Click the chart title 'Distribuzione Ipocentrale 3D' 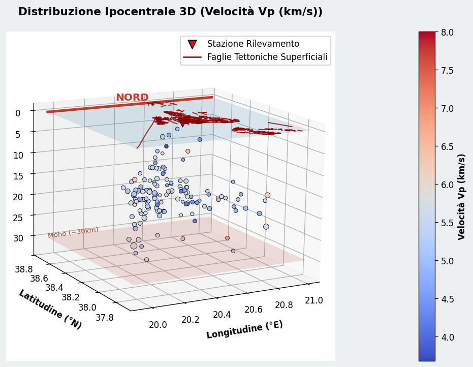(x=105, y=12)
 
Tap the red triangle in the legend (x=192, y=44)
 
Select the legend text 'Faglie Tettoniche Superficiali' (x=267, y=57)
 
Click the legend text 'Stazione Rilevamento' (x=253, y=44)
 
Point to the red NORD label (x=132, y=97)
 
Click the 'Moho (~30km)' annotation (x=73, y=232)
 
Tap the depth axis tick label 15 (x=18, y=176)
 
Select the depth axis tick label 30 (x=18, y=238)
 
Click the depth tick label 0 (x=18, y=113)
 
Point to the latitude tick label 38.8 (x=24, y=269)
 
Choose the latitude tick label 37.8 (x=105, y=318)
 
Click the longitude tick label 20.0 (x=158, y=325)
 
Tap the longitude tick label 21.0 (x=314, y=300)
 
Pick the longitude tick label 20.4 (x=222, y=315)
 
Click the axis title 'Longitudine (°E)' (x=245, y=329)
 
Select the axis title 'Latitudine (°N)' (x=50, y=310)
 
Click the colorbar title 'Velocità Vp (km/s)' (x=461, y=197)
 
